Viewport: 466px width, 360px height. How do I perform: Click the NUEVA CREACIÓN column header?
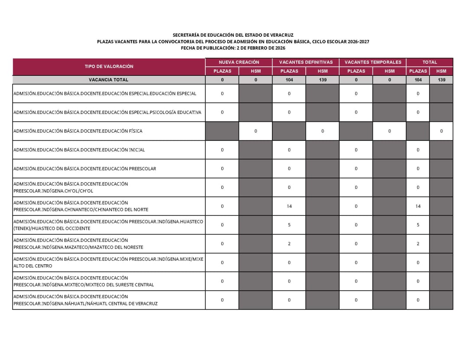coord(239,62)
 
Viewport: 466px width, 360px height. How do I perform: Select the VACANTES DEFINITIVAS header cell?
coord(306,62)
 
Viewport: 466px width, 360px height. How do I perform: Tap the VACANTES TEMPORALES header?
coord(373,62)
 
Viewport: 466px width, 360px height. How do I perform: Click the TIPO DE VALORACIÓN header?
coord(109,66)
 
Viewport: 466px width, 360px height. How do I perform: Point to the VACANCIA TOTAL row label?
coord(108,80)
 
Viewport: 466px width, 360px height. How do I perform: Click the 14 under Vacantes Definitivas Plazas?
coord(289,206)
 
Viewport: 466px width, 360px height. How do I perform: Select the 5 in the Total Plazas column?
coord(418,225)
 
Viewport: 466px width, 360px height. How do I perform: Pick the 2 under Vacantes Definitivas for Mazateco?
coord(289,244)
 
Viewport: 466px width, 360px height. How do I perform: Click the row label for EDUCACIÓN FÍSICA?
coord(78,131)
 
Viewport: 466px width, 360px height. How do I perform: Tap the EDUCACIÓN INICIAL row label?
coord(79,150)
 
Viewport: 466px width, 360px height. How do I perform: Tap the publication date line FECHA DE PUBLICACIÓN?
coord(233,48)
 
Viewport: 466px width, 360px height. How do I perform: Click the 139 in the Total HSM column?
coord(441,80)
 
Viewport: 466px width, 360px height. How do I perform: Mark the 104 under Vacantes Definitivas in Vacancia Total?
coord(289,80)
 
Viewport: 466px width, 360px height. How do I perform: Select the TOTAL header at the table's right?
coord(430,62)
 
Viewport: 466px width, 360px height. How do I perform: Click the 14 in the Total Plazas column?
coord(418,206)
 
